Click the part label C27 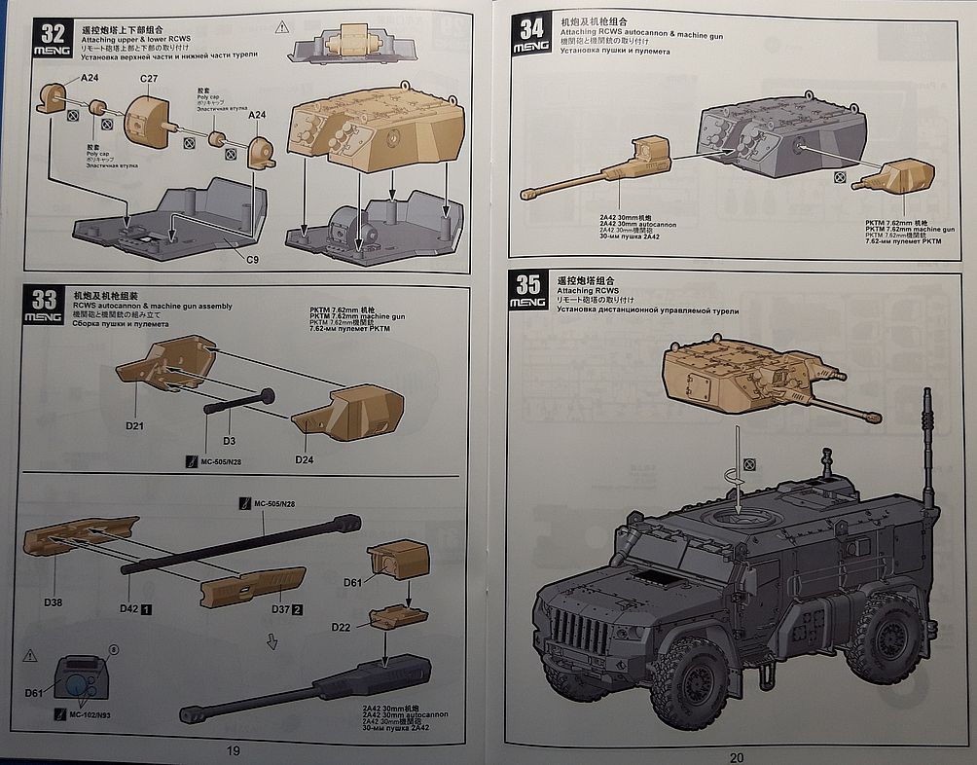[150, 78]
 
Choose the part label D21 [134, 426]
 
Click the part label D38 [53, 603]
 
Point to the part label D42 [129, 609]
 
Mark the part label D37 [279, 609]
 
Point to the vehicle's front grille [578, 628]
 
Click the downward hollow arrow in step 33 [272, 642]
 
